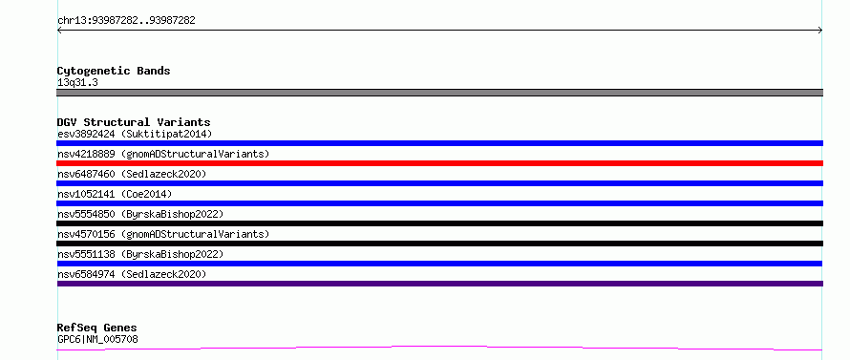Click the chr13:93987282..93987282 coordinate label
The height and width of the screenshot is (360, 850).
126,21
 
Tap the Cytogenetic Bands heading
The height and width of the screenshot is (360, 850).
114,71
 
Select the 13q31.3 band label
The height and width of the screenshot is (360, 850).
77,83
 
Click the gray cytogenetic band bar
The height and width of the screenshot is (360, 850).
439,93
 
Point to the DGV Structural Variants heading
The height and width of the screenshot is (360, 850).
134,122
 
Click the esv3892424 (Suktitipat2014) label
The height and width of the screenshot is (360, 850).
135,134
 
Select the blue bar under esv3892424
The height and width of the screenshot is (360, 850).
439,143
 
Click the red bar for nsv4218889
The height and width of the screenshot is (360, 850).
439,163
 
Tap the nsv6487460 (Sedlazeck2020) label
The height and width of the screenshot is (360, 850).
132,174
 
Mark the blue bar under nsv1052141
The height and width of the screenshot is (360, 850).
439,203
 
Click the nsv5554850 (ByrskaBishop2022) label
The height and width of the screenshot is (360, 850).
140,214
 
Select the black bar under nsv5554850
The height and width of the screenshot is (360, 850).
439,223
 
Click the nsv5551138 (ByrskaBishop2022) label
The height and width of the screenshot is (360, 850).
140,254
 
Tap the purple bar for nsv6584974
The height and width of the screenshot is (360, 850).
439,284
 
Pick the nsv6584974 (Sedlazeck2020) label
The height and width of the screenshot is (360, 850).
132,274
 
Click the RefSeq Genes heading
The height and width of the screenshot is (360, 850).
97,328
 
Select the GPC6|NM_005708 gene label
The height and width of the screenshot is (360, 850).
97,340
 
